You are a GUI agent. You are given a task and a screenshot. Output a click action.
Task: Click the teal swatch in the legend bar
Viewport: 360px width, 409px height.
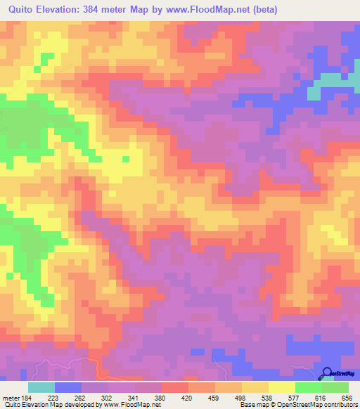point(41,387)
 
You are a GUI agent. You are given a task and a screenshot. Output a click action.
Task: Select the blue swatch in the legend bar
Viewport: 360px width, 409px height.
point(68,387)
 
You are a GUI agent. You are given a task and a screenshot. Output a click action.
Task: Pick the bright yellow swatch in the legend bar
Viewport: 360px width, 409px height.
point(282,387)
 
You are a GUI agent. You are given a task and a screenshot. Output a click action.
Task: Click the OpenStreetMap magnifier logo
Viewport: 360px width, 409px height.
point(328,373)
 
